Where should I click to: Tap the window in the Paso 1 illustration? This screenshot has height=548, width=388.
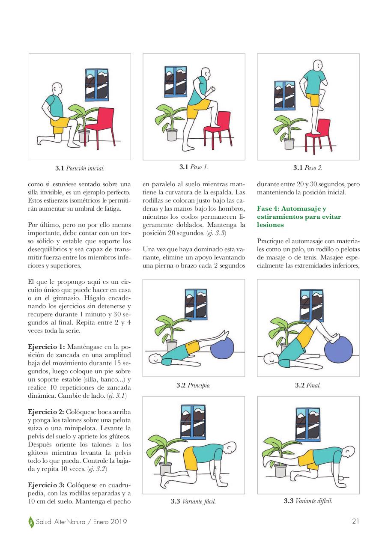(x=177, y=80)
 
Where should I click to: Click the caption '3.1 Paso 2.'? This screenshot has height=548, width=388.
(x=308, y=168)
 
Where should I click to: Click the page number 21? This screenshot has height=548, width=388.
(x=355, y=521)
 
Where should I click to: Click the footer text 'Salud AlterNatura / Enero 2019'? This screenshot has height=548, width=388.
(x=81, y=522)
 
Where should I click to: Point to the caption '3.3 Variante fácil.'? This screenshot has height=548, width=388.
(x=193, y=501)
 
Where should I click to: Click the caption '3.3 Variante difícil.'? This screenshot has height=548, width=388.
(x=308, y=501)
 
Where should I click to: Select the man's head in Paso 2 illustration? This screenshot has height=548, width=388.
(x=317, y=66)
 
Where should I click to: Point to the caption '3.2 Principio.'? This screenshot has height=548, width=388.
(x=194, y=385)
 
